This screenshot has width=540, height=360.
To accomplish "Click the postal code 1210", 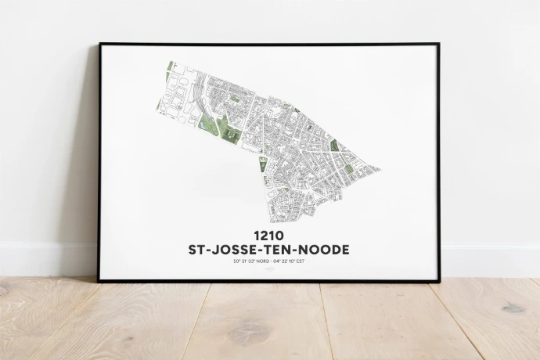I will click(268, 235).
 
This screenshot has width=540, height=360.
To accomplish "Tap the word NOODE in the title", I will click(323, 250).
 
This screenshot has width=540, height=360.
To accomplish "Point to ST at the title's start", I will click(198, 250).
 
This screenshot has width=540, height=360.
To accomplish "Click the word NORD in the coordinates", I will click(263, 262).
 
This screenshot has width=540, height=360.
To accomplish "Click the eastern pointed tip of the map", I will click(380, 168).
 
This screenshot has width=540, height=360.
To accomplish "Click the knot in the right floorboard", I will click(513, 308).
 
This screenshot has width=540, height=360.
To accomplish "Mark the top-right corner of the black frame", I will click(438, 45).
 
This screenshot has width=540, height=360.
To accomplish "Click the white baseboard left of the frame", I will click(47, 257).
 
